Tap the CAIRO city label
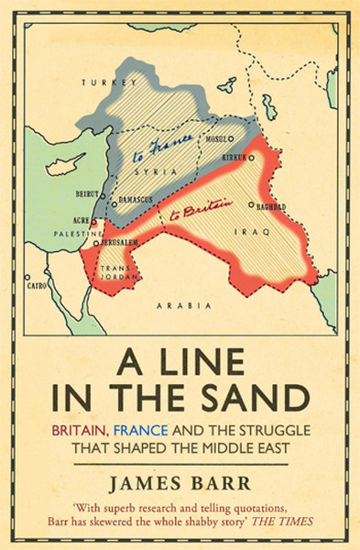click(x=39, y=285)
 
